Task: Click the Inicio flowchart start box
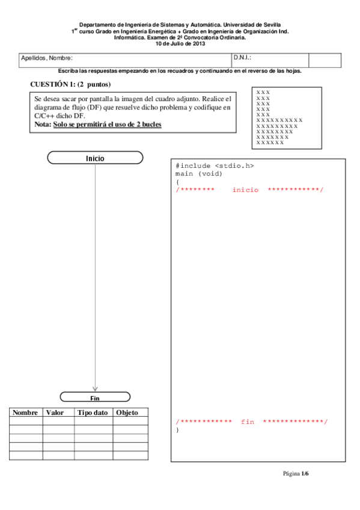(95, 158)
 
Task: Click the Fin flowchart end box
(95, 397)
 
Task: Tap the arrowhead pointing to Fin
(95, 388)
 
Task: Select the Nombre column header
(25, 413)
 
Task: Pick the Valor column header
(55, 413)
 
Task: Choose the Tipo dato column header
(93, 413)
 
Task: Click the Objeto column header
(127, 413)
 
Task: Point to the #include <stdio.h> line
(219, 165)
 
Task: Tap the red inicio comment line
(249, 189)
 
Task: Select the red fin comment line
(252, 422)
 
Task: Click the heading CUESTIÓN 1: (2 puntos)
(70, 84)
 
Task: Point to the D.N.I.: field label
(242, 58)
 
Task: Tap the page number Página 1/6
(296, 473)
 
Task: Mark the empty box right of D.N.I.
(325, 60)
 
